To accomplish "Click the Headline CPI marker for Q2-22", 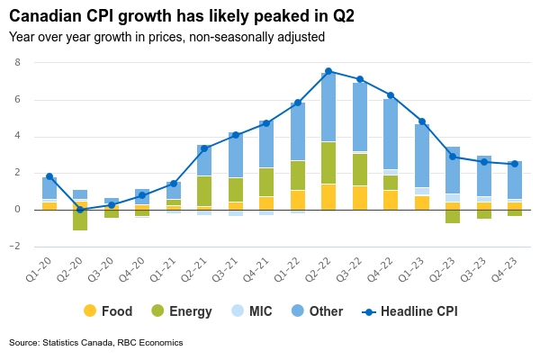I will tap(328, 71).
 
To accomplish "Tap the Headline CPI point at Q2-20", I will tap(80, 210).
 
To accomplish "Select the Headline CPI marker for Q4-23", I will tap(515, 164).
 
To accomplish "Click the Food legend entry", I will tap(107, 311).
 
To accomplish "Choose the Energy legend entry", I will tap(180, 311).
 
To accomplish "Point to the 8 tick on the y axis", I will tap(17, 62).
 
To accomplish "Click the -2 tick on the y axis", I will tap(14, 247).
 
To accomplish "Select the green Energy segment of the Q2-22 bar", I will tap(328, 163).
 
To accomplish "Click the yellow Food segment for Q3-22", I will tap(360, 198).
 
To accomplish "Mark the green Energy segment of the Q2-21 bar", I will tap(204, 191).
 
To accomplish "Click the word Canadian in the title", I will tap(49, 16).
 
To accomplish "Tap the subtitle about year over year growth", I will tap(166, 37).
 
